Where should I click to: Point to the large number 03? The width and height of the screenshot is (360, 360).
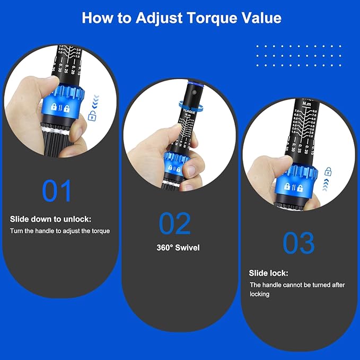(298, 242)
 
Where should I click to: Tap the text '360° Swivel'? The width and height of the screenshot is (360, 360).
(178, 248)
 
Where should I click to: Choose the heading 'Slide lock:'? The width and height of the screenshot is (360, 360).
(268, 273)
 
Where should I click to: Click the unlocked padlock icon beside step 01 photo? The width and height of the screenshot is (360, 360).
(92, 116)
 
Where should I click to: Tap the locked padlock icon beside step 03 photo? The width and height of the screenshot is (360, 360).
(328, 171)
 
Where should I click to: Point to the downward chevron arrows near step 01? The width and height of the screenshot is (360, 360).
(95, 99)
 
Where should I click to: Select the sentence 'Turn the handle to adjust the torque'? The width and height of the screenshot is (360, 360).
(60, 231)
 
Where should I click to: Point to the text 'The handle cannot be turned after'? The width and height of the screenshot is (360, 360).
(297, 285)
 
